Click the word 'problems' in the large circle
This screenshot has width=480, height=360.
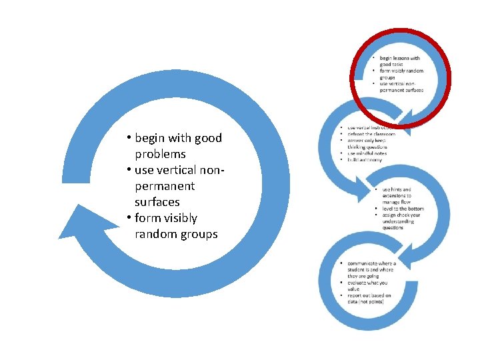coord(160,154)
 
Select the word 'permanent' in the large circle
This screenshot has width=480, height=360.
coord(165,186)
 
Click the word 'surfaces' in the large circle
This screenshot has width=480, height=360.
coord(157,202)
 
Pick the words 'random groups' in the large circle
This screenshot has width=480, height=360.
coord(176,234)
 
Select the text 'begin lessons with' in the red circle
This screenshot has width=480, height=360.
coord(400,59)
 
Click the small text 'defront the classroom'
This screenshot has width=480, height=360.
coord(371,134)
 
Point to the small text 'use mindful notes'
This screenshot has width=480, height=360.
coord(367,154)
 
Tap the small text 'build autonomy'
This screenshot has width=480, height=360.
coord(365,161)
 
